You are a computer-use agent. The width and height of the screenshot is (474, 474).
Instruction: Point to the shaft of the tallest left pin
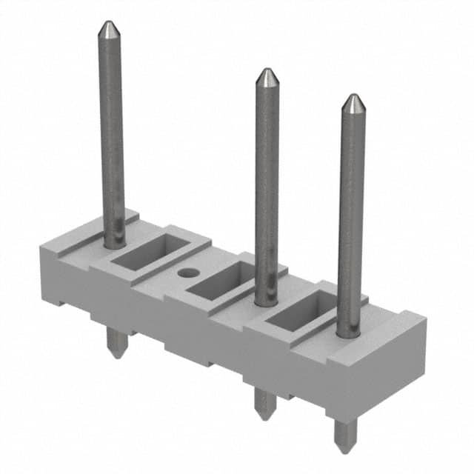tap(112, 133)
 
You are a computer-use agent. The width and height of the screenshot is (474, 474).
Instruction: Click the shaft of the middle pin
tap(267, 185)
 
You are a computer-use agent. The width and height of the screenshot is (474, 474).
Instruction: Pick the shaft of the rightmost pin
tap(351, 215)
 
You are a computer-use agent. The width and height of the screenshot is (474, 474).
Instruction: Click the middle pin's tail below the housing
tap(264, 404)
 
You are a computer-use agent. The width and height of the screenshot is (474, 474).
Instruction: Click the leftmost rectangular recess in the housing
tap(147, 253)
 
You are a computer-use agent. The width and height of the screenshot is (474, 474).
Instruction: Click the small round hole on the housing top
tap(188, 273)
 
